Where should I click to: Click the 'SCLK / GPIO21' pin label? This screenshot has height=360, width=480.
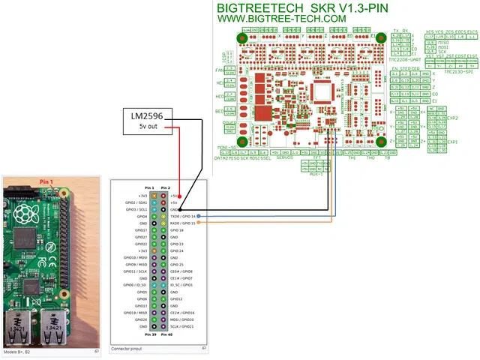[x=183, y=327]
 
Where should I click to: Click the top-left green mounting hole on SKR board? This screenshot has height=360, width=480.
[x=243, y=39]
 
